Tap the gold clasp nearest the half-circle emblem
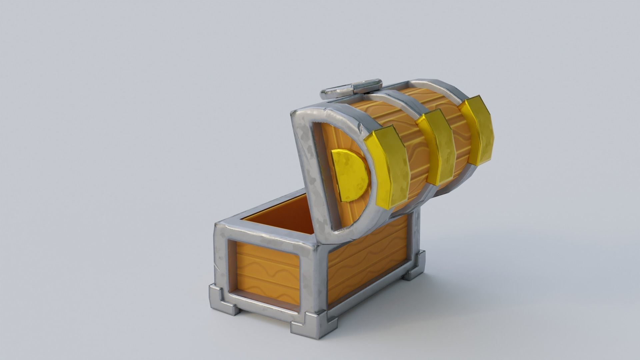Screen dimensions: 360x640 [387, 168]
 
